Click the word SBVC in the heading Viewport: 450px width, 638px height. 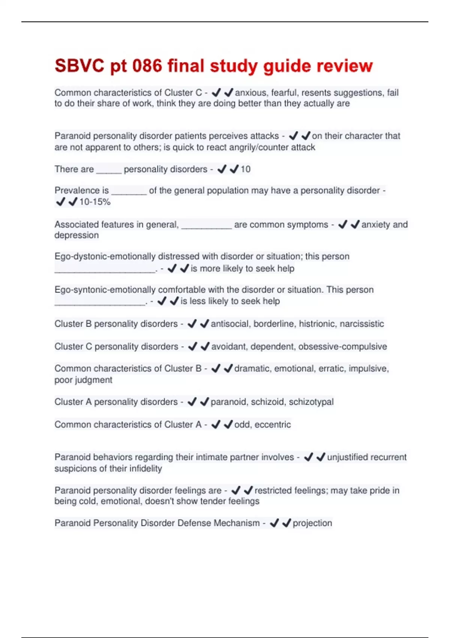pos(79,66)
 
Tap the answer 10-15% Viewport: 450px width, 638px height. pos(95,202)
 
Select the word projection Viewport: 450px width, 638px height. pos(312,523)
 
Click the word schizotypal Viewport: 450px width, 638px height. pos(311,402)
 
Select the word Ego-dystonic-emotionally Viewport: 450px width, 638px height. pos(105,257)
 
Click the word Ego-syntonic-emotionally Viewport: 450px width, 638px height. pos(105,290)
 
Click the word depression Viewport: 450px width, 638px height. pos(76,235)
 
